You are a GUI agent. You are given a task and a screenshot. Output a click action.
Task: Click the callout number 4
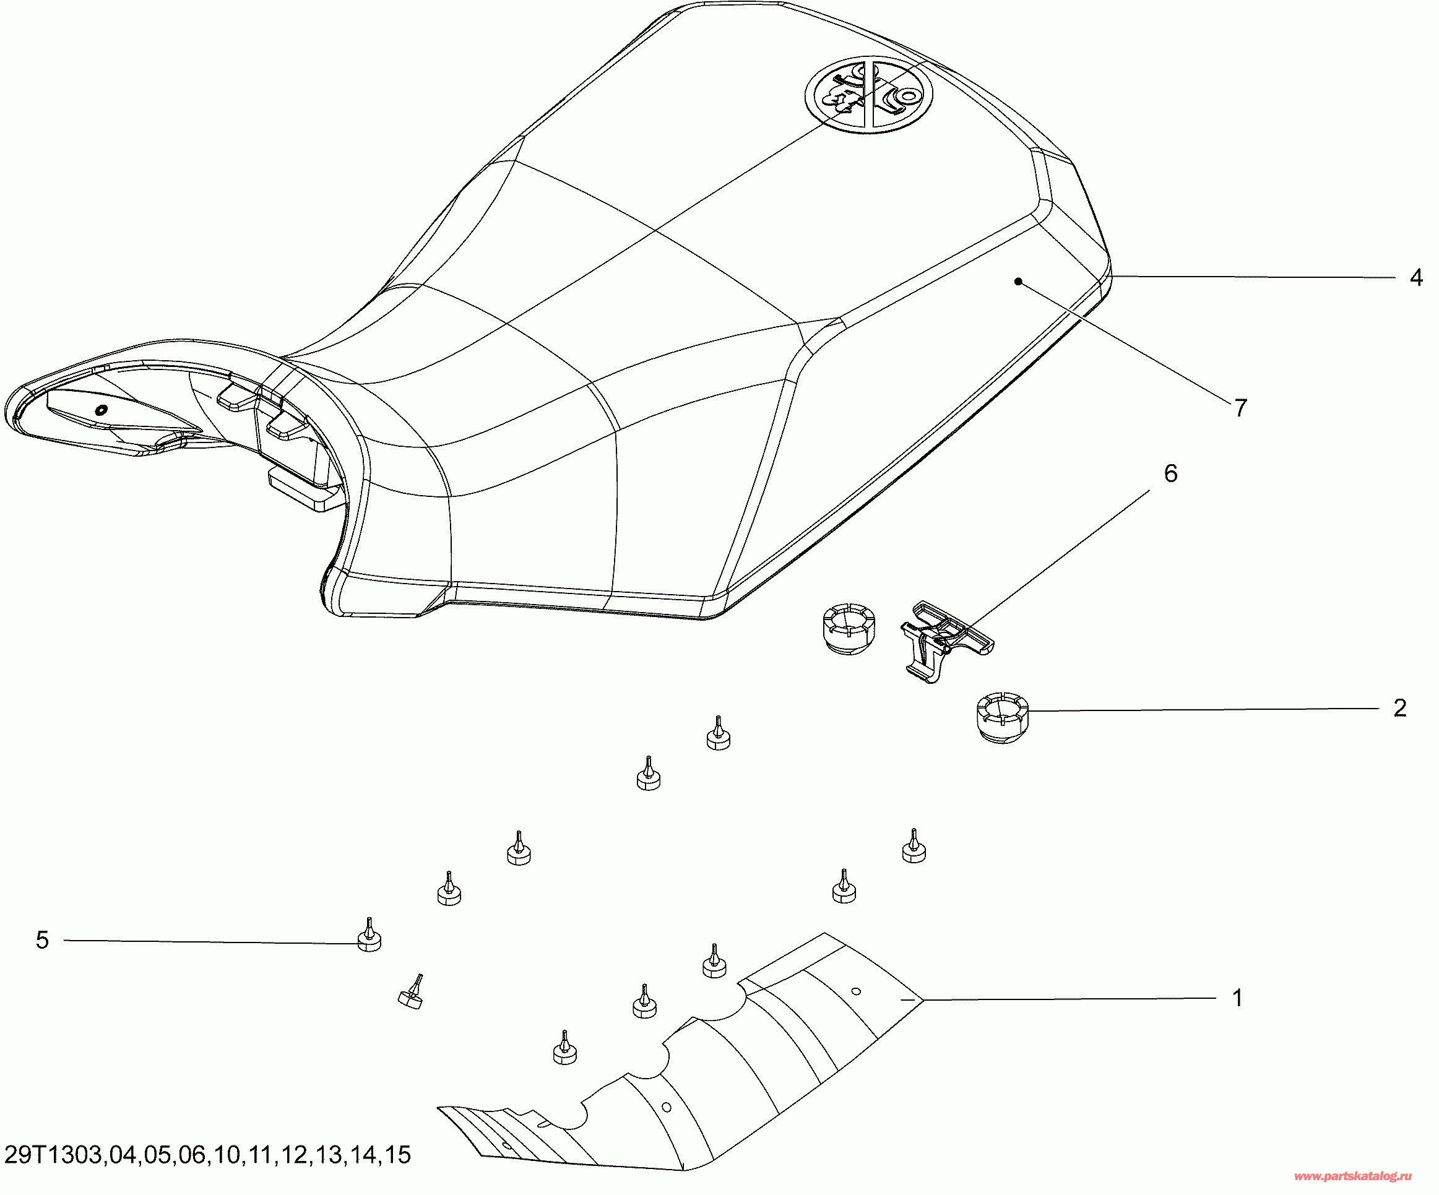[1415, 277]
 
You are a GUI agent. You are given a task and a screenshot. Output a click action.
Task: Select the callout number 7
[1240, 408]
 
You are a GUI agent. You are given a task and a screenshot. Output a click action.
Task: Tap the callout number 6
[1170, 473]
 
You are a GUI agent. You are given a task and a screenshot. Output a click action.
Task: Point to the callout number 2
[1400, 708]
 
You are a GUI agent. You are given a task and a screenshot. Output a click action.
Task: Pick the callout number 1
[1237, 998]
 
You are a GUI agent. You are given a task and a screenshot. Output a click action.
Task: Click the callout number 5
[43, 940]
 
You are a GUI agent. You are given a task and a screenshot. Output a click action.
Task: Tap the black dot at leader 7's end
[1018, 281]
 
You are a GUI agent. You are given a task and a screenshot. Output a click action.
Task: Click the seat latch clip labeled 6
[943, 637]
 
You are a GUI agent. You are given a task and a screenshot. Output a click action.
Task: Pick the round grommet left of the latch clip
[848, 628]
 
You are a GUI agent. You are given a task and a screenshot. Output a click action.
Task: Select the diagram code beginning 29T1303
[207, 1155]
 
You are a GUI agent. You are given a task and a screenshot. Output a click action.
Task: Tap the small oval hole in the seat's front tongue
[101, 410]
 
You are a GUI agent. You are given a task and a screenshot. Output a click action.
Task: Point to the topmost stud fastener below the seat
[718, 735]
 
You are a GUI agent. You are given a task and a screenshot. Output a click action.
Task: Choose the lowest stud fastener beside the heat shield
[564, 1050]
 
